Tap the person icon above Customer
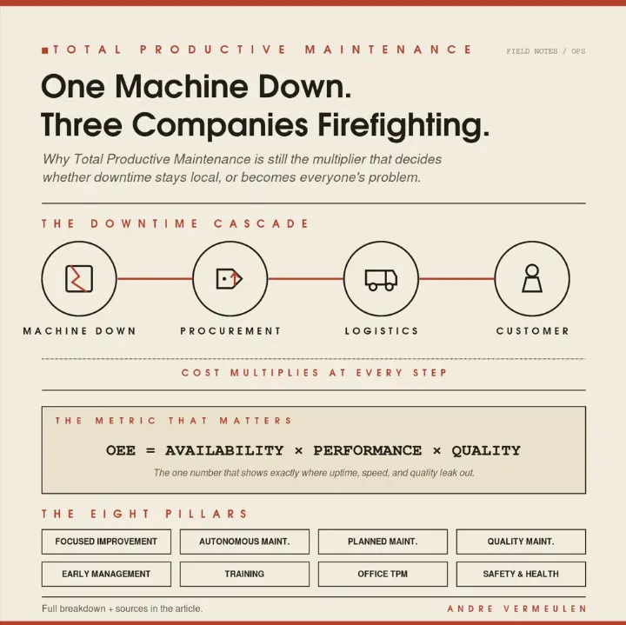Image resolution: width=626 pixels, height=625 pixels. click(x=532, y=278)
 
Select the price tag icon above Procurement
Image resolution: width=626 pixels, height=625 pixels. click(x=230, y=278)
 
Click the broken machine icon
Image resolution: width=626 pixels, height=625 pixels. click(x=79, y=278)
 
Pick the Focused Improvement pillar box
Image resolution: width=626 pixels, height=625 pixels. click(x=106, y=542)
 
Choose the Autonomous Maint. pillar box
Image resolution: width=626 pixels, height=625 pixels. click(x=244, y=542)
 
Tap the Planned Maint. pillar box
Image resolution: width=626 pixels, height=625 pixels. click(x=383, y=542)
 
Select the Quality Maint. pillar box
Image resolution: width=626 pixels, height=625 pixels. click(x=521, y=542)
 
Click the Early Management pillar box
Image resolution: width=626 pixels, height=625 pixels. click(x=106, y=574)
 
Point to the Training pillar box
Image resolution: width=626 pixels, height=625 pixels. click(x=244, y=574)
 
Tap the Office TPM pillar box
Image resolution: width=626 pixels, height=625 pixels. click(x=383, y=574)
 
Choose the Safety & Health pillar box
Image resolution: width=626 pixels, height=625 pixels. click(x=521, y=574)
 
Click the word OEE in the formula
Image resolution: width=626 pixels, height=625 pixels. click(x=121, y=450)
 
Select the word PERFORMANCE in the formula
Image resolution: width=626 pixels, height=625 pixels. click(x=367, y=450)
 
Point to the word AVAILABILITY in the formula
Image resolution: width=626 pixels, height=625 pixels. click(x=224, y=450)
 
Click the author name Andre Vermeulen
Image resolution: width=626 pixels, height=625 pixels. click(x=516, y=608)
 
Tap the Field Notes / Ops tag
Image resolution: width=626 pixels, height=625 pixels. click(x=546, y=51)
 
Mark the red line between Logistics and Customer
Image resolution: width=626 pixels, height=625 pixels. click(x=456, y=278)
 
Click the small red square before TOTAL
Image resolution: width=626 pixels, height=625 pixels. click(x=44, y=50)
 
